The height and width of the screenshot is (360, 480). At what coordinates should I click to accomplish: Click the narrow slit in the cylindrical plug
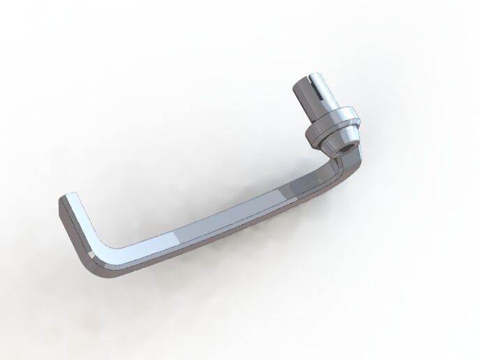(312, 92)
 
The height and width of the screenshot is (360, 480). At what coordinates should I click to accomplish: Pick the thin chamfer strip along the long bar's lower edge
(209, 237)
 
